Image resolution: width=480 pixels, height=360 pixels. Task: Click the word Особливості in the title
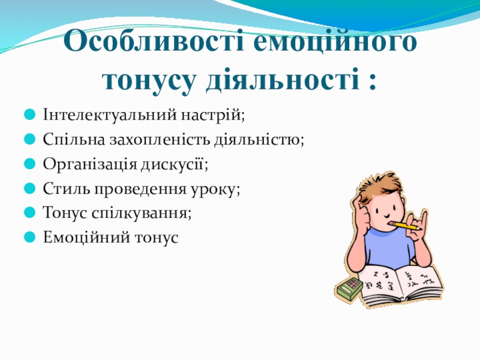point(154,40)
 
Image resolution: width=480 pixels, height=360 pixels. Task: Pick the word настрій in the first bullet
point(211,115)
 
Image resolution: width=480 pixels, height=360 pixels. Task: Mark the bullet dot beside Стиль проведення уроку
point(29,188)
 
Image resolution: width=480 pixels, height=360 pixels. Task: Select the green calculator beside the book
point(349,288)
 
